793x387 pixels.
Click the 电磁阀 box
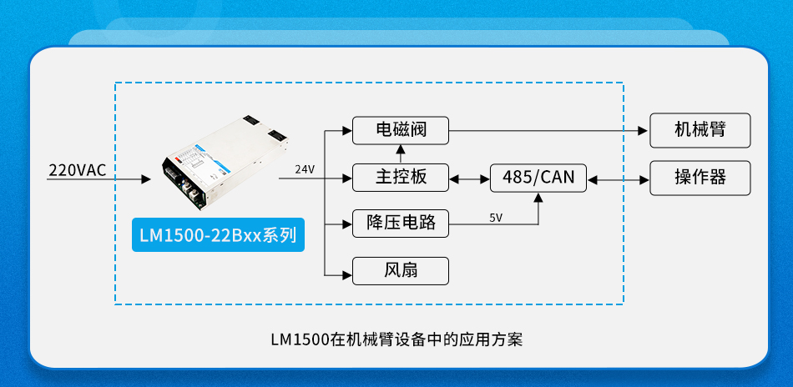[400, 130]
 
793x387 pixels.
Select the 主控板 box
[400, 177]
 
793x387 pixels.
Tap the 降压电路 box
[400, 223]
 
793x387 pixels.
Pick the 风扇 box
[400, 270]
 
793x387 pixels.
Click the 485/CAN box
[538, 177]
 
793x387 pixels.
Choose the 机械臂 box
[700, 130]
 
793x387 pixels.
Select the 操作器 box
[700, 177]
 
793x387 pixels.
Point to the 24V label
[305, 169]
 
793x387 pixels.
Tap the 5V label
[496, 217]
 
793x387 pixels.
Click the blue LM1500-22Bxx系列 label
[218, 234]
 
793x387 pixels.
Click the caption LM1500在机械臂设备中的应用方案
[396, 339]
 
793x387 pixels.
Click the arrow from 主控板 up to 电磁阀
[400, 153]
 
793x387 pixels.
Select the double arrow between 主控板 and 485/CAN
[470, 178]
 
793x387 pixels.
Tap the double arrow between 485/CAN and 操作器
[618, 178]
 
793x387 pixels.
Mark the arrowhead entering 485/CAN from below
[538, 198]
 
